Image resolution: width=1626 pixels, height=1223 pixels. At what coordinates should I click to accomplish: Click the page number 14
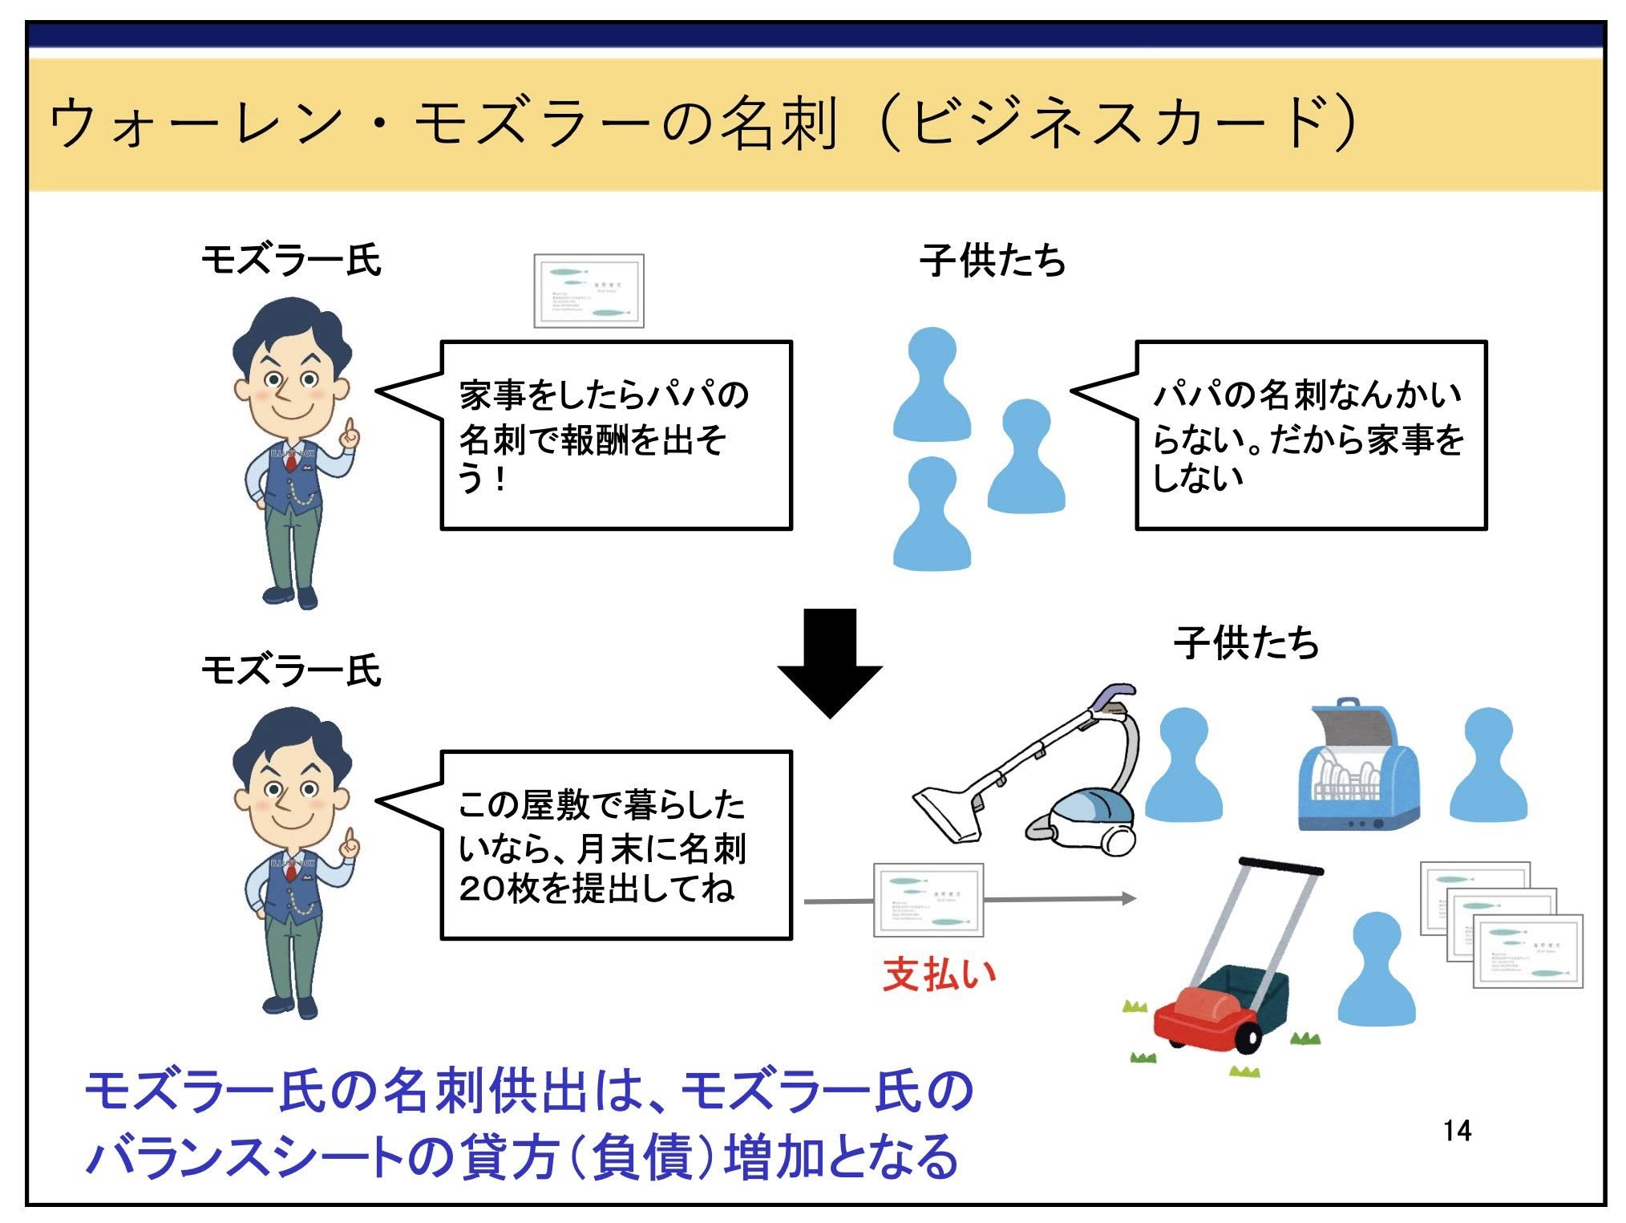[x=1457, y=1130]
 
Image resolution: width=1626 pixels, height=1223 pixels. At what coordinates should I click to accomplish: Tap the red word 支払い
[x=940, y=974]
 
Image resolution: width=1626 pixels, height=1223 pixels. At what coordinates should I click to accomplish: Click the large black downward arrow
[x=830, y=662]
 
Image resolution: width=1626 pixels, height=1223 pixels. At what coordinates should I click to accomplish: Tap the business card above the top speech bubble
[x=589, y=291]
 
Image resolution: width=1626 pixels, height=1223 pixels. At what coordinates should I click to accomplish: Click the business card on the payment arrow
[x=928, y=900]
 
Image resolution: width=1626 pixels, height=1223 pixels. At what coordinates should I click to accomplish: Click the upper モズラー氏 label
[x=290, y=260]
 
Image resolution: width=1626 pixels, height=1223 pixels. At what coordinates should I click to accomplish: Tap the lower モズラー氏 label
[x=290, y=670]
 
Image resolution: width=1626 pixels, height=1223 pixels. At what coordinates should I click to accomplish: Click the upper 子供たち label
[x=993, y=261]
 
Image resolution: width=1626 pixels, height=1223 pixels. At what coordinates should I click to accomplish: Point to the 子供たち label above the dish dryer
[x=1246, y=643]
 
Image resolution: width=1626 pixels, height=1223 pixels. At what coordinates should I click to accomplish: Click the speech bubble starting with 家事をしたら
[x=616, y=435]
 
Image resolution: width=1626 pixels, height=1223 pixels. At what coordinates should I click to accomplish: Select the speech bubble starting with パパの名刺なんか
[x=1310, y=435]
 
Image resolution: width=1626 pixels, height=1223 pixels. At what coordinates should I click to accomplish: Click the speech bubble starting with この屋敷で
[x=616, y=845]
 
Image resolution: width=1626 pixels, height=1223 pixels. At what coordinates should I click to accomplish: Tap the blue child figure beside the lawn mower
[x=1383, y=970]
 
